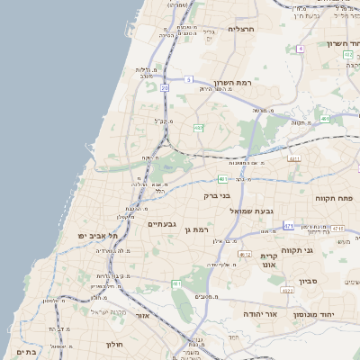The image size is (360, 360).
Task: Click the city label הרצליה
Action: click(242, 29)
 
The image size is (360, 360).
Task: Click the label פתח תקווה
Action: click(334, 197)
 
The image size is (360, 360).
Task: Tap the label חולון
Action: click(113, 345)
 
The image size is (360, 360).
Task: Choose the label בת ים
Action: click(26, 353)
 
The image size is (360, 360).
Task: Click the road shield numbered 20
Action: click(165, 88)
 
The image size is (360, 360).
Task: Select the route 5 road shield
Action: click(189, 79)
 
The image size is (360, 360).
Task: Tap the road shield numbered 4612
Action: click(245, 255)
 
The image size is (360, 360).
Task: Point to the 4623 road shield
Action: click(287, 291)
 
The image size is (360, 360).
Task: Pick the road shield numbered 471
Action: click(288, 226)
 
